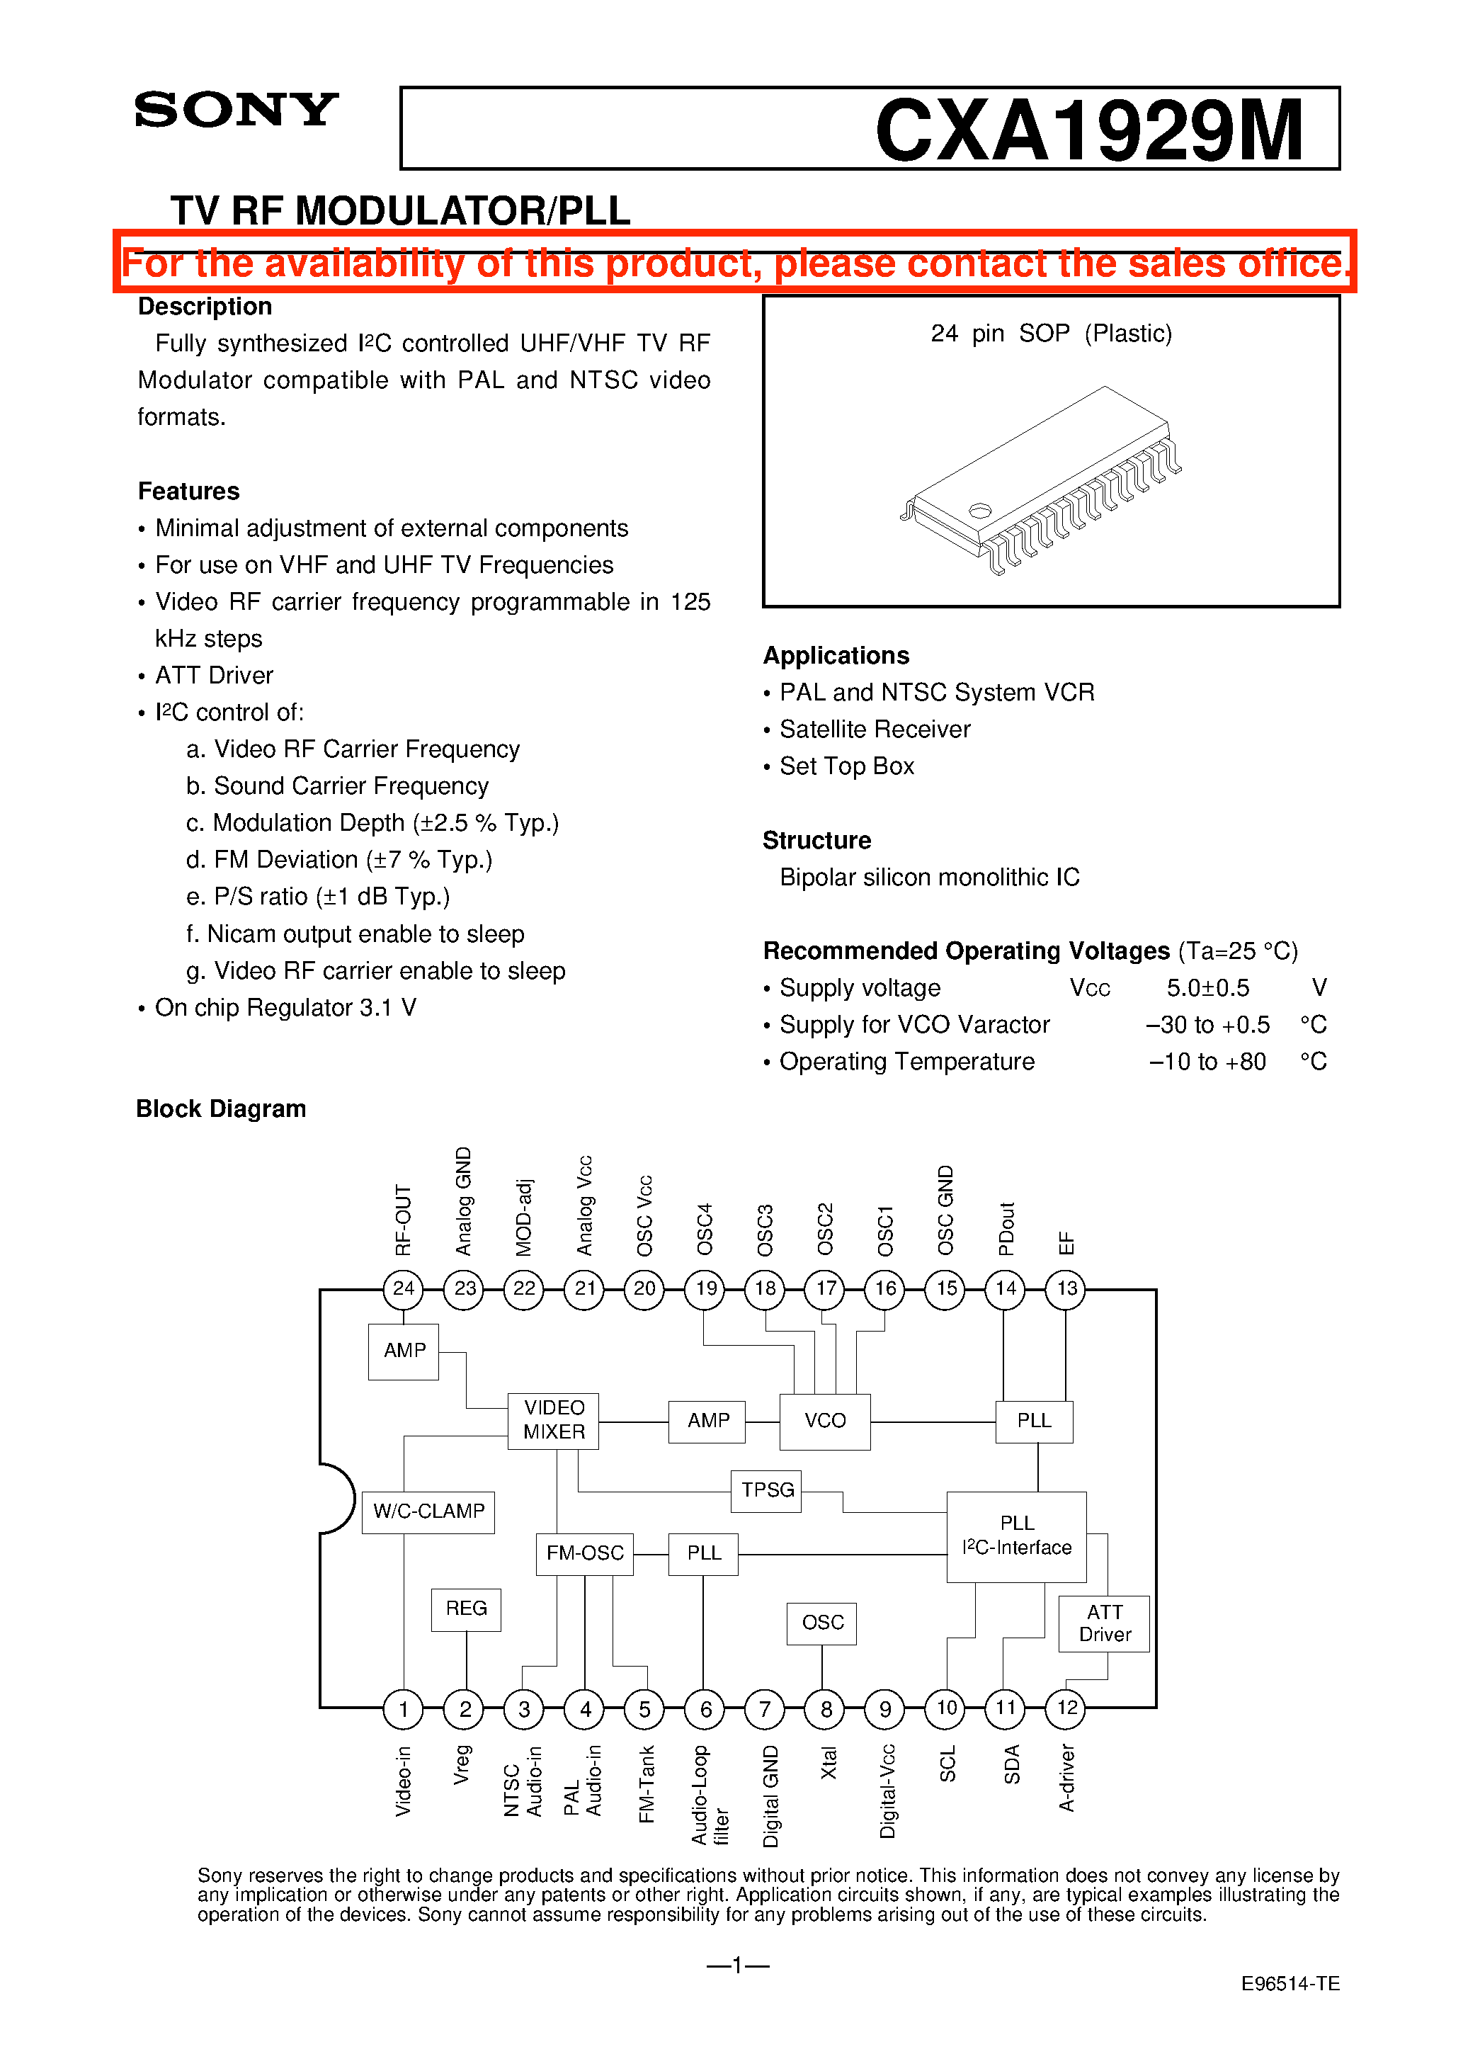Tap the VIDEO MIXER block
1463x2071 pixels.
[553, 1420]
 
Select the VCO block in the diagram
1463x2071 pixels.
[824, 1421]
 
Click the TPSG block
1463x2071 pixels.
[767, 1490]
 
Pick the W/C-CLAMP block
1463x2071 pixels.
[428, 1511]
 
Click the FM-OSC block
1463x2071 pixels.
[584, 1553]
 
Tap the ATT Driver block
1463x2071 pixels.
[1104, 1623]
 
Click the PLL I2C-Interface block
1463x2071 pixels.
[1017, 1536]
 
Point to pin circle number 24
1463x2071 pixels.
[403, 1288]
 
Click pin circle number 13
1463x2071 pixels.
[1066, 1288]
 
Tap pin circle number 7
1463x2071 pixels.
[765, 1708]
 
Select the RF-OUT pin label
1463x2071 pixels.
[403, 1220]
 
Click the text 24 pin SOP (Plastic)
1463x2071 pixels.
[1051, 333]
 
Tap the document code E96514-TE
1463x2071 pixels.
[1290, 1983]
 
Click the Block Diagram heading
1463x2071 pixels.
[221, 1108]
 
